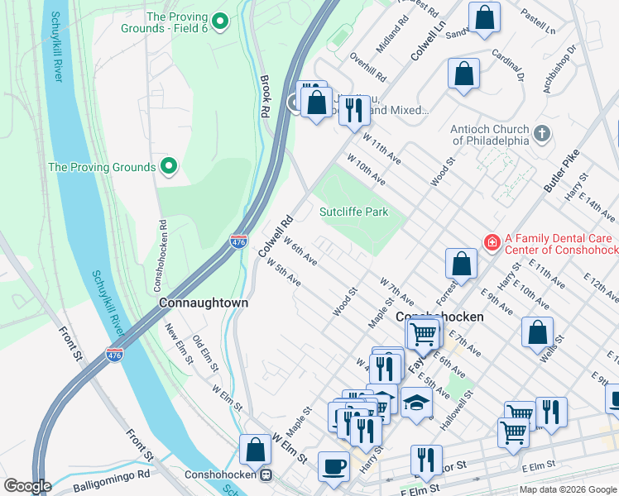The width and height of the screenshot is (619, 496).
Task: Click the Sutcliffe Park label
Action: (x=354, y=212)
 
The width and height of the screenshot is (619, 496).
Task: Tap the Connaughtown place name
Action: (x=204, y=303)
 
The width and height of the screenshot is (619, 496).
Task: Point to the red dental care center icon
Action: (x=492, y=241)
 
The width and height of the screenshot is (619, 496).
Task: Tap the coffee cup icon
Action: (x=333, y=465)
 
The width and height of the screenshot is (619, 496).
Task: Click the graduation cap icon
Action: (x=417, y=403)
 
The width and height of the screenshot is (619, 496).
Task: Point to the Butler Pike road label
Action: (x=559, y=176)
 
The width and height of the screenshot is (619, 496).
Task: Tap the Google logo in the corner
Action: (x=27, y=485)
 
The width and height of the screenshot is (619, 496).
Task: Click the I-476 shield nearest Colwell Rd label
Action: (x=238, y=241)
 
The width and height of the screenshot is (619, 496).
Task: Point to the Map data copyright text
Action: (x=568, y=489)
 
